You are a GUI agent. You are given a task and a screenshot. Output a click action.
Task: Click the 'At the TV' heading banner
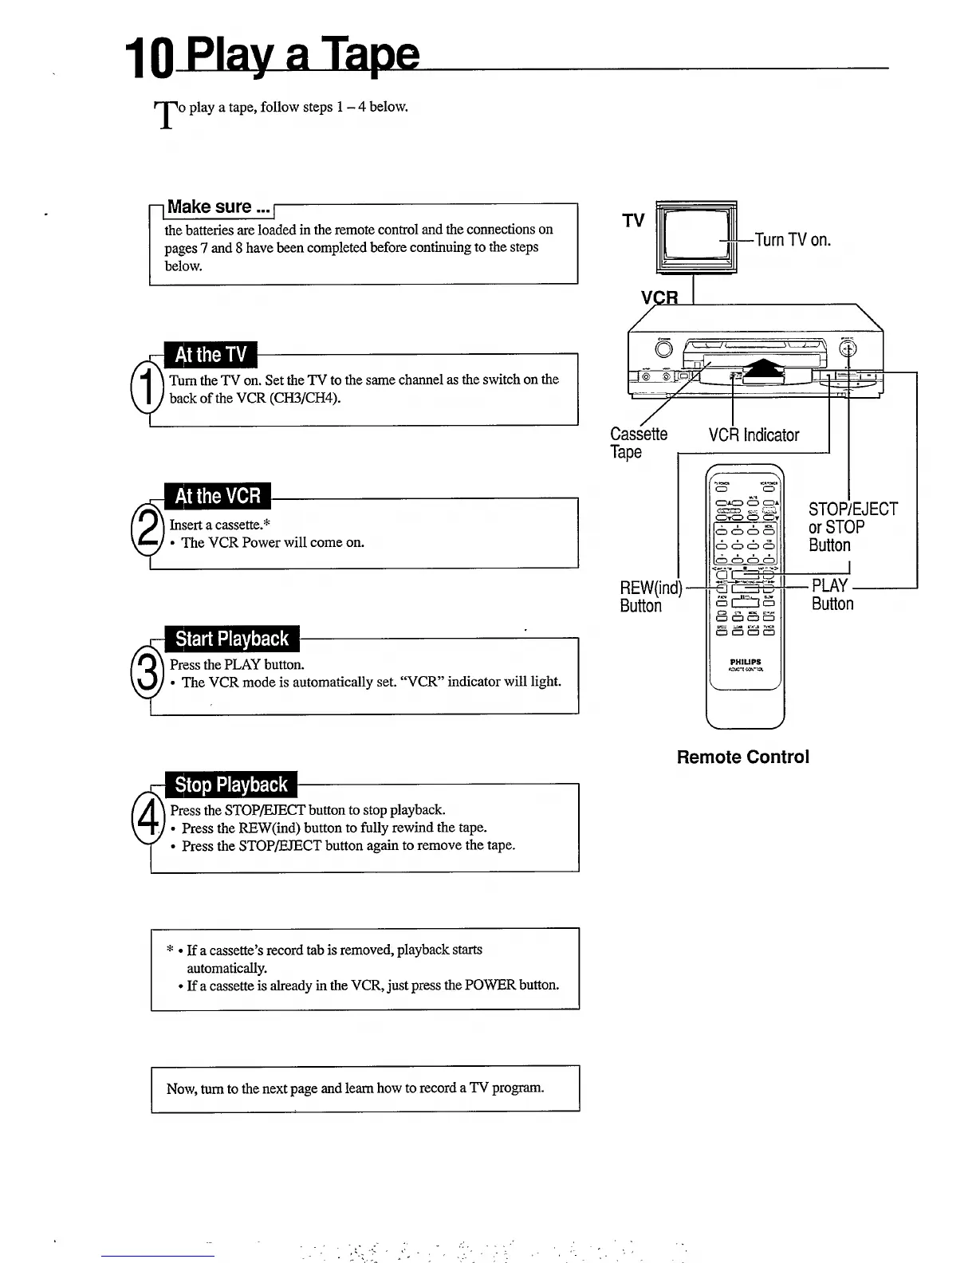point(211,355)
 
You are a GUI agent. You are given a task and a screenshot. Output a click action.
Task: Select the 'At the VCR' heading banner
point(217,496)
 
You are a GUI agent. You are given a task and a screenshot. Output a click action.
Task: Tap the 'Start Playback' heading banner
point(231,639)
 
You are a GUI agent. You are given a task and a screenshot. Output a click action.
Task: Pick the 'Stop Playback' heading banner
point(230,785)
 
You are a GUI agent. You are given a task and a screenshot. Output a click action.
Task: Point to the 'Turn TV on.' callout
point(793,240)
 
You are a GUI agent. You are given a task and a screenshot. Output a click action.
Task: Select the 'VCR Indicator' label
point(754,435)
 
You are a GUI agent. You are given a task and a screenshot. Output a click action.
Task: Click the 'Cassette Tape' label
point(638,443)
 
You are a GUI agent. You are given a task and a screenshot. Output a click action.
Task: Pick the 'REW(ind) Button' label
point(650,596)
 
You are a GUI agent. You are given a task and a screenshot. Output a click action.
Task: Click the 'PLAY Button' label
point(832,595)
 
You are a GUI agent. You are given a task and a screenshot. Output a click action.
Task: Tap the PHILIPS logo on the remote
point(746,662)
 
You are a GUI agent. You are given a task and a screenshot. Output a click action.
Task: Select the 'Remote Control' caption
point(742,757)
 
